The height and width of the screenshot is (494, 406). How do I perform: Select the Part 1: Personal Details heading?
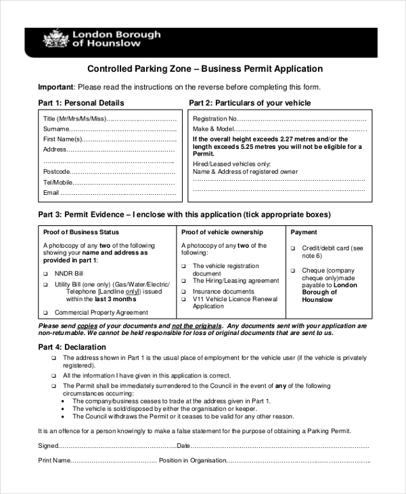click(x=81, y=103)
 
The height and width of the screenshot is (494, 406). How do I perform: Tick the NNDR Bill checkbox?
click(x=46, y=273)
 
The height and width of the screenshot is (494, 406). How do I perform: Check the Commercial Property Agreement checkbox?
click(x=46, y=313)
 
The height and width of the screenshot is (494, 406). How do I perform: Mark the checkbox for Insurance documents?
click(x=184, y=292)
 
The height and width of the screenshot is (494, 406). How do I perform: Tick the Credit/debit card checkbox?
click(x=293, y=249)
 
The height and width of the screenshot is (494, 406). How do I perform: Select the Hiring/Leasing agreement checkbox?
click(x=184, y=281)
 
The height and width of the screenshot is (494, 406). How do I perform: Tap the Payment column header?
click(x=303, y=232)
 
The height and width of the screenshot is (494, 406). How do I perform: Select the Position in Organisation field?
click(x=298, y=461)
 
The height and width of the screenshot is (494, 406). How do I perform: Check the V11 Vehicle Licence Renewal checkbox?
click(x=184, y=299)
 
